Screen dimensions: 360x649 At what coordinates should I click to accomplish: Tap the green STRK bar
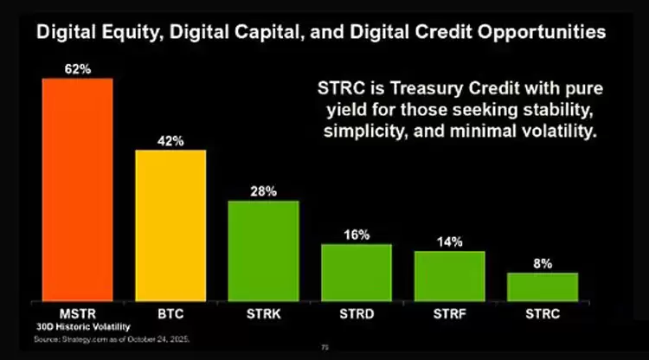click(263, 250)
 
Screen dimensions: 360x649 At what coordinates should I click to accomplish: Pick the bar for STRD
click(356, 272)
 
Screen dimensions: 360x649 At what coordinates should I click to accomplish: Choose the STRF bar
click(449, 275)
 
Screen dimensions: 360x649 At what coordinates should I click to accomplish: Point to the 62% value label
click(78, 67)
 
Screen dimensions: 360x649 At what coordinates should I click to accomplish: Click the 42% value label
click(170, 140)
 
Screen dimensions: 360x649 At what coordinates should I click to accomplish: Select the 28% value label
click(263, 190)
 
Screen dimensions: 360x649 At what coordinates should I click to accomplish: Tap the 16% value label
click(356, 235)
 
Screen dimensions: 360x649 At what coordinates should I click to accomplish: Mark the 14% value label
click(449, 241)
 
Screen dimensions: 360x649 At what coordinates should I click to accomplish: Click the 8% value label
click(542, 263)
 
